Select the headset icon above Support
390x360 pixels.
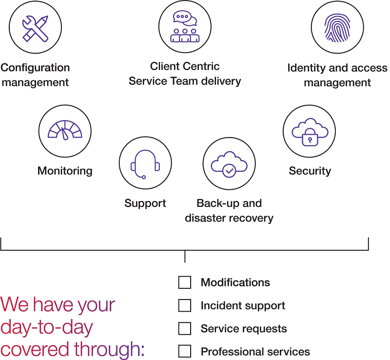145,163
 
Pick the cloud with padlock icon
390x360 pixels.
309,131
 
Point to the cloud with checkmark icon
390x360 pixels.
229,163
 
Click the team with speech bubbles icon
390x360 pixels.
184,27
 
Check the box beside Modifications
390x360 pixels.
185,282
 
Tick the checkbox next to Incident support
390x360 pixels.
185,306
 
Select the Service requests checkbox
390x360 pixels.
185,329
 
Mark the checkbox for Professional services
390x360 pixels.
185,351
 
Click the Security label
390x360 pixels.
310,171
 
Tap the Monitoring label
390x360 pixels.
65,171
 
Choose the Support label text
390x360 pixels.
145,203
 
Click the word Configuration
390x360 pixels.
35,67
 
